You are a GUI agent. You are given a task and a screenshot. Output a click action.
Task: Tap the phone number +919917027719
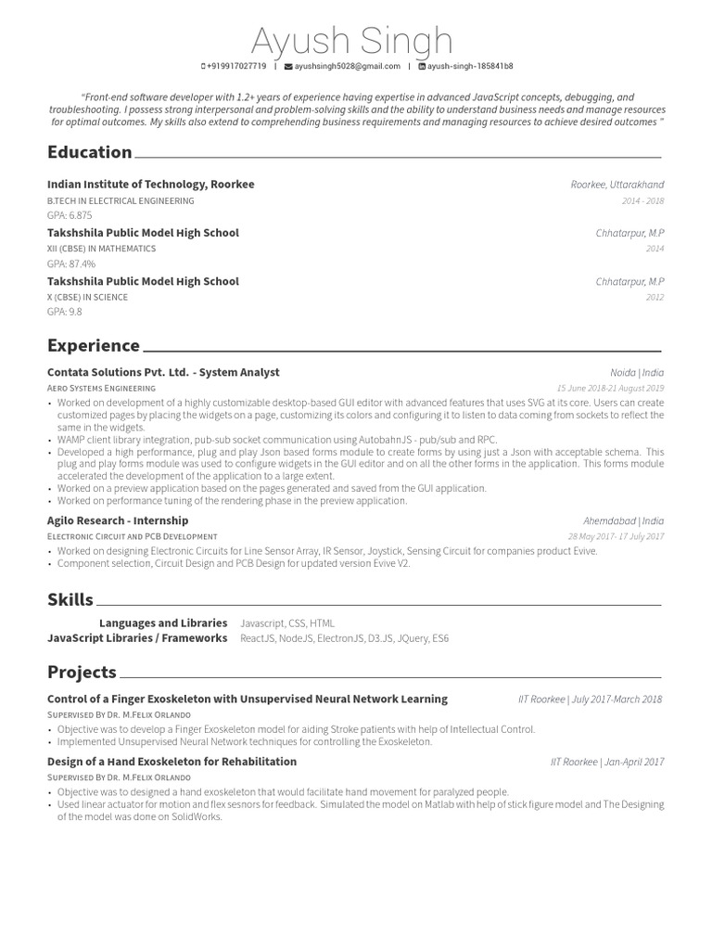(235, 67)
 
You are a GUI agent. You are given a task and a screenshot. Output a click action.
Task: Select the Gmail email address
(343, 67)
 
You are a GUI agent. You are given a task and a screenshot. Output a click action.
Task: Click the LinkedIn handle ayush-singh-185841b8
(466, 67)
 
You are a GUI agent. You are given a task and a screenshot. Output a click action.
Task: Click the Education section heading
(90, 152)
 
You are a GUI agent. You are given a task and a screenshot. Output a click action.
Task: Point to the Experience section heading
(94, 346)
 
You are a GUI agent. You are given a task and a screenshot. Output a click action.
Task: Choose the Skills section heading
(70, 599)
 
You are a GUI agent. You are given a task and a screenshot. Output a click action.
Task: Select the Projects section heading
(82, 672)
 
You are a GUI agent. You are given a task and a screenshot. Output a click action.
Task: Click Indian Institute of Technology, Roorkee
(150, 185)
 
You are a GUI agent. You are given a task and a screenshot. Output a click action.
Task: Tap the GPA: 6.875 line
(70, 215)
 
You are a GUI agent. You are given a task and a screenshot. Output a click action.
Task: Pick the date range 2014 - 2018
(642, 201)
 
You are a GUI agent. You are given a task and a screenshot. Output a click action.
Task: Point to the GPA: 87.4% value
(71, 263)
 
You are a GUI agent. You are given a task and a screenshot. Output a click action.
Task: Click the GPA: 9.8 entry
(65, 312)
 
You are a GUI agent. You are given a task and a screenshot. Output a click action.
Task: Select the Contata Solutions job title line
(163, 372)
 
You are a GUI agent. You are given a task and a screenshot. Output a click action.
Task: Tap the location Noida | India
(637, 373)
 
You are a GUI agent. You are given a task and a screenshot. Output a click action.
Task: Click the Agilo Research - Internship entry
(118, 520)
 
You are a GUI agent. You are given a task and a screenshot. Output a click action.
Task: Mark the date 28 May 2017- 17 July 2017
(616, 536)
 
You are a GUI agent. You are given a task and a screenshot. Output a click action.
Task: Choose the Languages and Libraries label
(163, 623)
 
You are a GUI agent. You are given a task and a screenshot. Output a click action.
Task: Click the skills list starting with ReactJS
(344, 639)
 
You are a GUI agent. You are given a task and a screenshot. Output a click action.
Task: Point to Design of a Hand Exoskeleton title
(172, 762)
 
